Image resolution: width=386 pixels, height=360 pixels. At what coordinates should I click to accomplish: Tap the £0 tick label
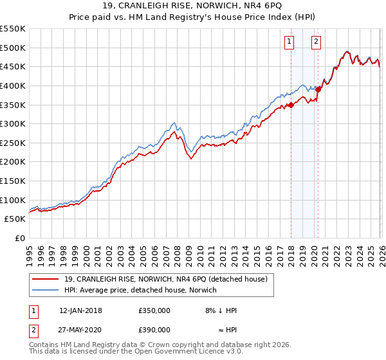(x=19, y=239)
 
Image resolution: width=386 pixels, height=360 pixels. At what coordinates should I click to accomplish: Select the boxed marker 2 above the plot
(x=317, y=42)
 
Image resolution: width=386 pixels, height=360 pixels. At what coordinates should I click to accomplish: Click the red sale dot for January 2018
(x=291, y=105)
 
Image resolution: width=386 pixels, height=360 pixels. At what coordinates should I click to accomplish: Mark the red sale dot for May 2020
(x=318, y=90)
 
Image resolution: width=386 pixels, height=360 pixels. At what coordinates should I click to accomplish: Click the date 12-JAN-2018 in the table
(x=80, y=310)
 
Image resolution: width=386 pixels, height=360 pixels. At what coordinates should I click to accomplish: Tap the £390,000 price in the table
(x=154, y=330)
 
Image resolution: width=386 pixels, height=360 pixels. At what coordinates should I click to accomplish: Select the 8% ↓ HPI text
(x=221, y=310)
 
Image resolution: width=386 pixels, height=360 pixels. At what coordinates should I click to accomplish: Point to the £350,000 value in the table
(x=154, y=310)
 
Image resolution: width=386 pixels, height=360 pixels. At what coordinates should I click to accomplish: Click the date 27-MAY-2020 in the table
(x=80, y=330)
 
